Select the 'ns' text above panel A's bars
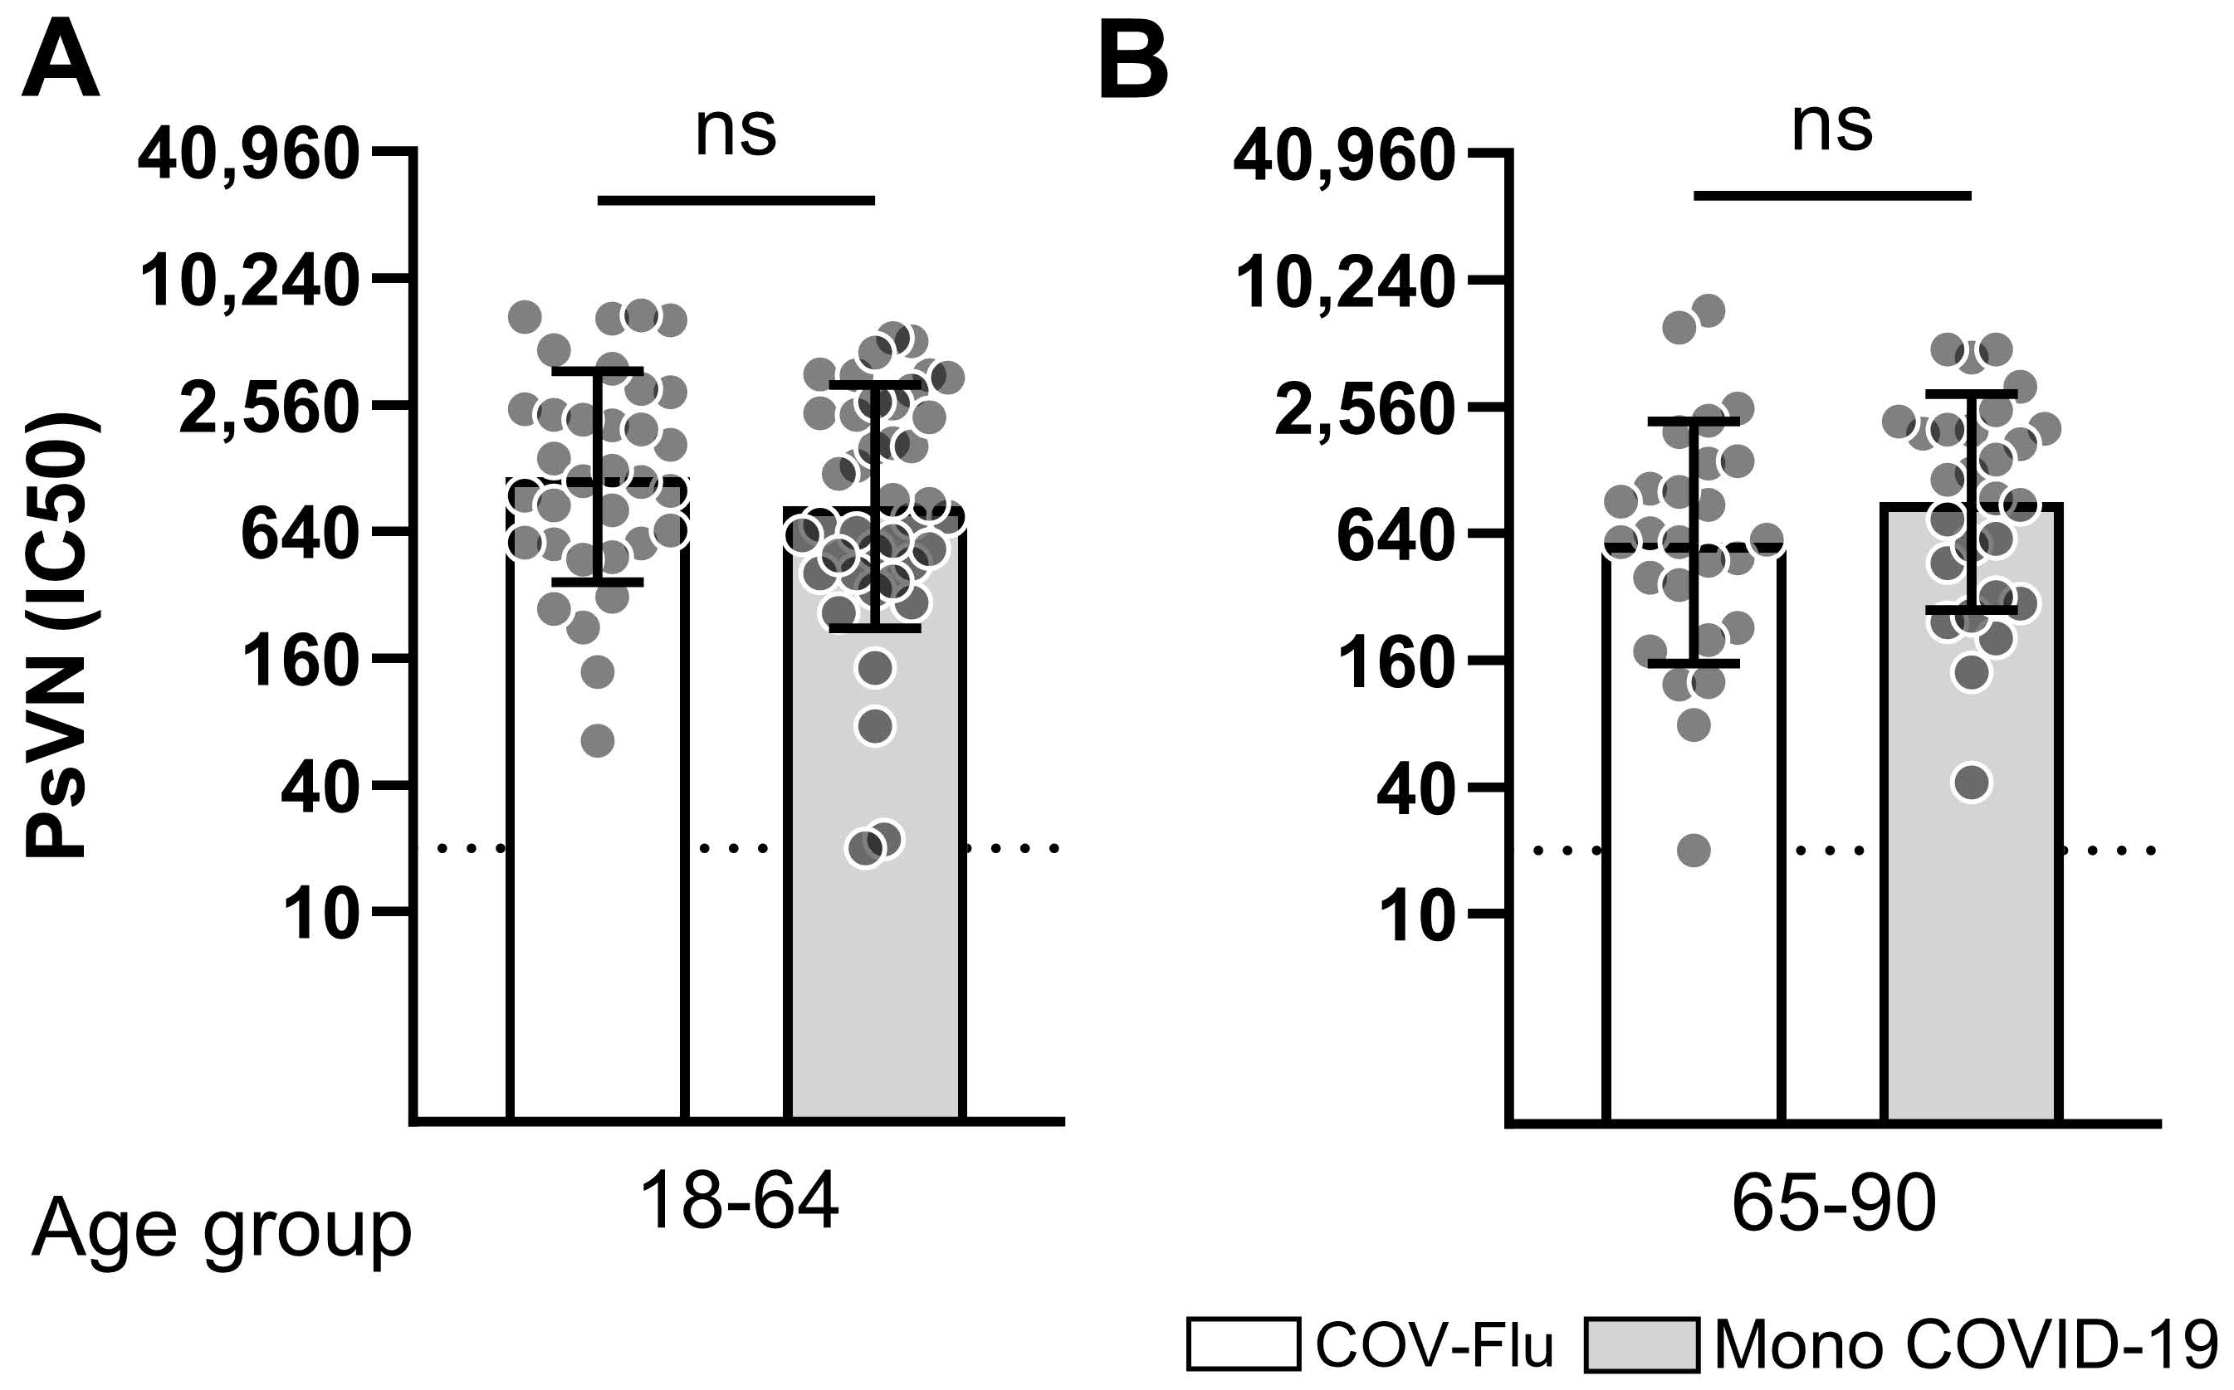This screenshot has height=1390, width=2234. coord(735,131)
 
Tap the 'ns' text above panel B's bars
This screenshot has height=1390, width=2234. coord(1831,127)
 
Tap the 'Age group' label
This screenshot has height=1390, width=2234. coord(221,1231)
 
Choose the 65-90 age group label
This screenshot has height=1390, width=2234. coord(1834,1205)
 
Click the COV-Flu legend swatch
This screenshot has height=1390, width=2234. coord(1244,1344)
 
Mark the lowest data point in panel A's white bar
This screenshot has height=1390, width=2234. coord(598,740)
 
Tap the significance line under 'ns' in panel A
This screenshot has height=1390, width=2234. coord(736,199)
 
